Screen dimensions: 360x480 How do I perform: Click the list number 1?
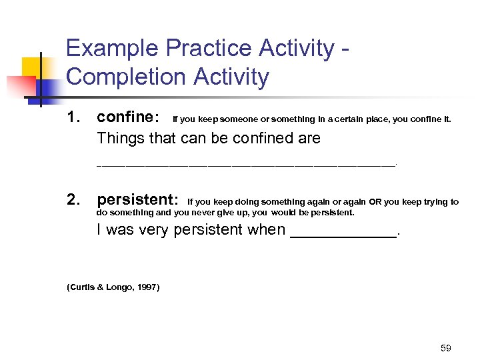(x=74, y=118)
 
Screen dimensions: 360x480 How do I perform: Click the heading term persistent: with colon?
(x=137, y=200)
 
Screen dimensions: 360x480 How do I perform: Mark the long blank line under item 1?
(x=246, y=163)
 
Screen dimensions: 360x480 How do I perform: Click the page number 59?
(x=446, y=348)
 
